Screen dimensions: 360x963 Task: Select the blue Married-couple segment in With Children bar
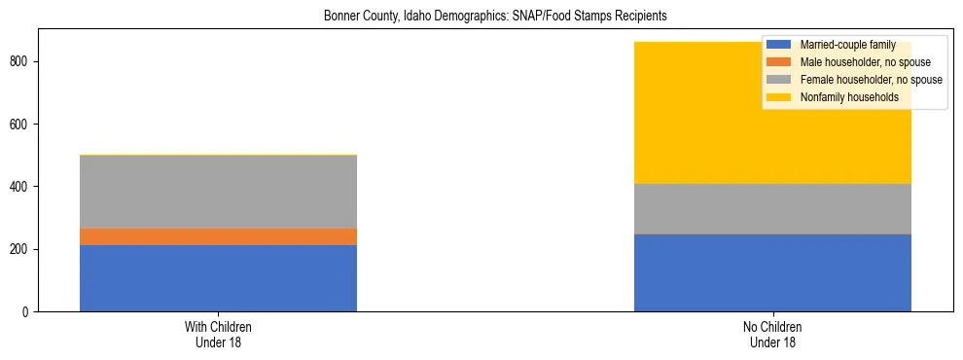[x=218, y=278]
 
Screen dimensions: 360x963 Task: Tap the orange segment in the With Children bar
[x=218, y=236]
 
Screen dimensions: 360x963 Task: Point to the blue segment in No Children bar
[x=772, y=273]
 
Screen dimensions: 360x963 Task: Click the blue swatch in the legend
[x=779, y=45]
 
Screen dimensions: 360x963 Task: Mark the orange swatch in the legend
[x=779, y=62]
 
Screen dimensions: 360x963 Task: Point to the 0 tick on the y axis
[x=28, y=312]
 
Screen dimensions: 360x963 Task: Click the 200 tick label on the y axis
[x=22, y=250]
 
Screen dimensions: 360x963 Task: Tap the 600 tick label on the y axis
[x=22, y=125]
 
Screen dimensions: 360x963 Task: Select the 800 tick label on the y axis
[x=22, y=62]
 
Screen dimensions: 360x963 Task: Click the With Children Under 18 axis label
[x=218, y=335]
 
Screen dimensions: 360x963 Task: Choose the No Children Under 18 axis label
[x=772, y=335]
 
